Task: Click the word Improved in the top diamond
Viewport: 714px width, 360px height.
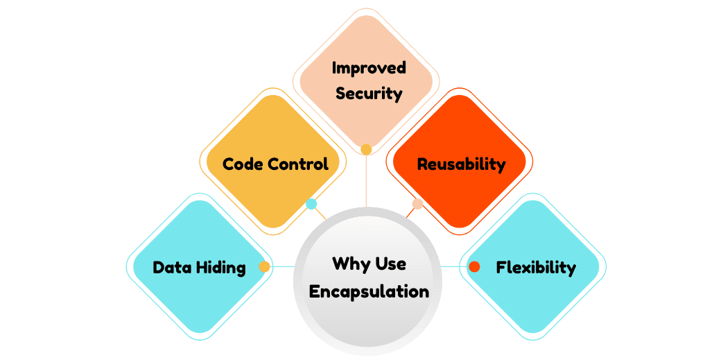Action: pyautogui.click(x=369, y=68)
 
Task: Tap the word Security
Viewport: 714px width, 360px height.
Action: pyautogui.click(x=369, y=93)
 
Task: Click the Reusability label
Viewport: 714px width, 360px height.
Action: pyautogui.click(x=461, y=164)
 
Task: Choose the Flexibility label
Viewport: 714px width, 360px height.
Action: pyautogui.click(x=536, y=267)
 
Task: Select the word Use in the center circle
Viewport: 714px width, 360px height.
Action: pyautogui.click(x=390, y=264)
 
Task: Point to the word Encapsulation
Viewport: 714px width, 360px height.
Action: pyautogui.click(x=369, y=291)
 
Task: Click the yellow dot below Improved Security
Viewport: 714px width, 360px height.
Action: pyautogui.click(x=367, y=149)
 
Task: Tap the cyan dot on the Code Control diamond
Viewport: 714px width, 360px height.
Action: pyautogui.click(x=311, y=204)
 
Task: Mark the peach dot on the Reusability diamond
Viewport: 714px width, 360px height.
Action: pyautogui.click(x=417, y=204)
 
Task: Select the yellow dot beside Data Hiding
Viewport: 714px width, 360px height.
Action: pyautogui.click(x=264, y=266)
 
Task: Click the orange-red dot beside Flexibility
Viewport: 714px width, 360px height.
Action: pyautogui.click(x=474, y=266)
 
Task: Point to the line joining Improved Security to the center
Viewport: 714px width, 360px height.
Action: pyautogui.click(x=367, y=180)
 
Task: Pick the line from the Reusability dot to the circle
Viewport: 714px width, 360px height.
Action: pyautogui.click(x=410, y=212)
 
